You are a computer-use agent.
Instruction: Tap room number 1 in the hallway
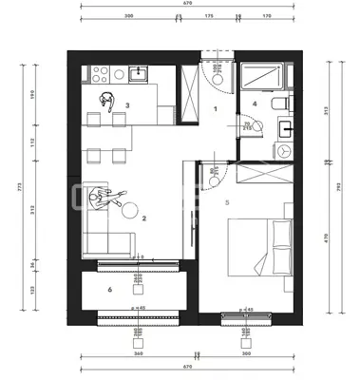[216, 110]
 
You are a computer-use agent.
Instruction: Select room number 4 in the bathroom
[255, 103]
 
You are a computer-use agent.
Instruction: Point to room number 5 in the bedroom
[226, 201]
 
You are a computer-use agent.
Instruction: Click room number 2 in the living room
[142, 219]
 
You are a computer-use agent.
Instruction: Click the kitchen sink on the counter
[139, 72]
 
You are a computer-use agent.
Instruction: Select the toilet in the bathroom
[275, 103]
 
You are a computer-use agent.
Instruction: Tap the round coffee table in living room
[131, 208]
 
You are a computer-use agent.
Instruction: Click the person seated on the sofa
[99, 199]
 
